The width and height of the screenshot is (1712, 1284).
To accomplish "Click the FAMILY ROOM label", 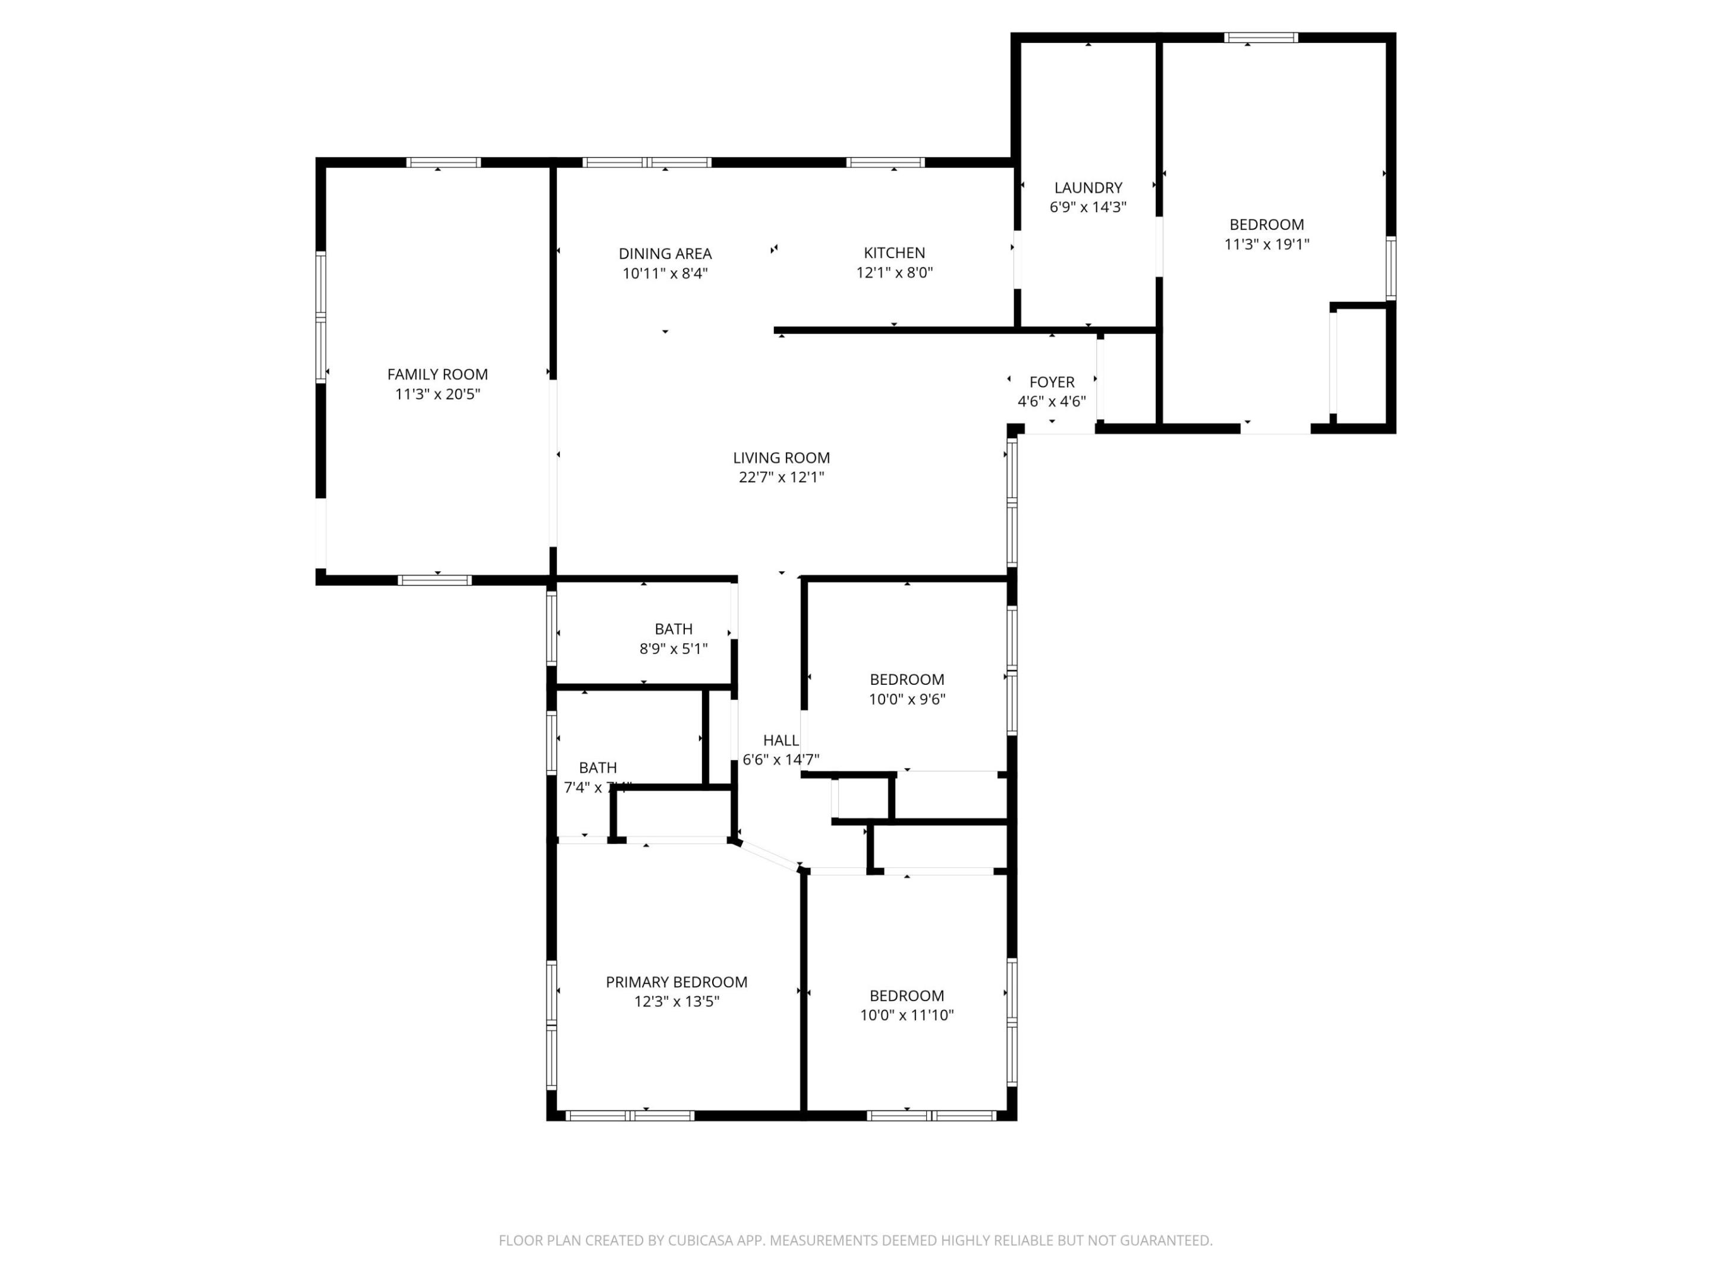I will coord(438,374).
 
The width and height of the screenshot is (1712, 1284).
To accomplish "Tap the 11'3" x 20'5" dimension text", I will coord(438,394).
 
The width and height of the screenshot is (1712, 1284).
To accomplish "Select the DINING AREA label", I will coord(665,254).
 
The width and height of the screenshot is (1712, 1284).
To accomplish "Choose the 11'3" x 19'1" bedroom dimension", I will coord(1266,244).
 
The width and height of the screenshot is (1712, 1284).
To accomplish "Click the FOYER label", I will coord(1051,382).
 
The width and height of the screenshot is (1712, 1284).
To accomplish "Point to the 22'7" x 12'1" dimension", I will coord(781,477).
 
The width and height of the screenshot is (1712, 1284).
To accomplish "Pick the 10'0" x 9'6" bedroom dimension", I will coord(907,700).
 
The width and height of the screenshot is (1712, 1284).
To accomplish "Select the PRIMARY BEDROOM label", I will coord(676,982).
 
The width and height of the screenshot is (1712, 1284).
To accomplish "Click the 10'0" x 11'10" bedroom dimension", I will coord(907,1015).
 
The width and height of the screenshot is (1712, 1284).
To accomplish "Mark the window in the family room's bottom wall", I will coord(434,580).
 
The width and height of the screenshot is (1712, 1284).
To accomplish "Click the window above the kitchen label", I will coord(885,162).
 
